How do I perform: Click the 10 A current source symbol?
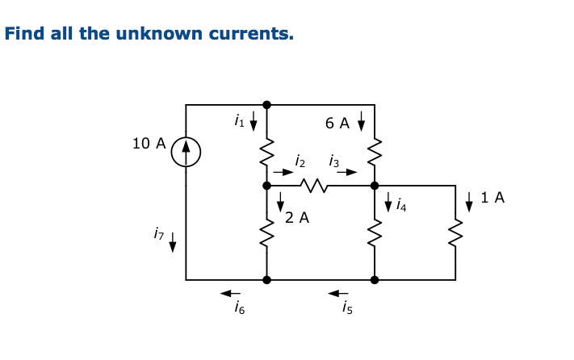click(186, 151)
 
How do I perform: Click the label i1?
click(238, 122)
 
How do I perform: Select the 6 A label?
click(337, 123)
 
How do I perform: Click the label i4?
click(401, 207)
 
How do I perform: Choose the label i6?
click(238, 308)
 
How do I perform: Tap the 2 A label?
click(297, 217)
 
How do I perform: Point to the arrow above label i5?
click(337, 292)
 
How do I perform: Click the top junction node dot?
click(266, 104)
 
